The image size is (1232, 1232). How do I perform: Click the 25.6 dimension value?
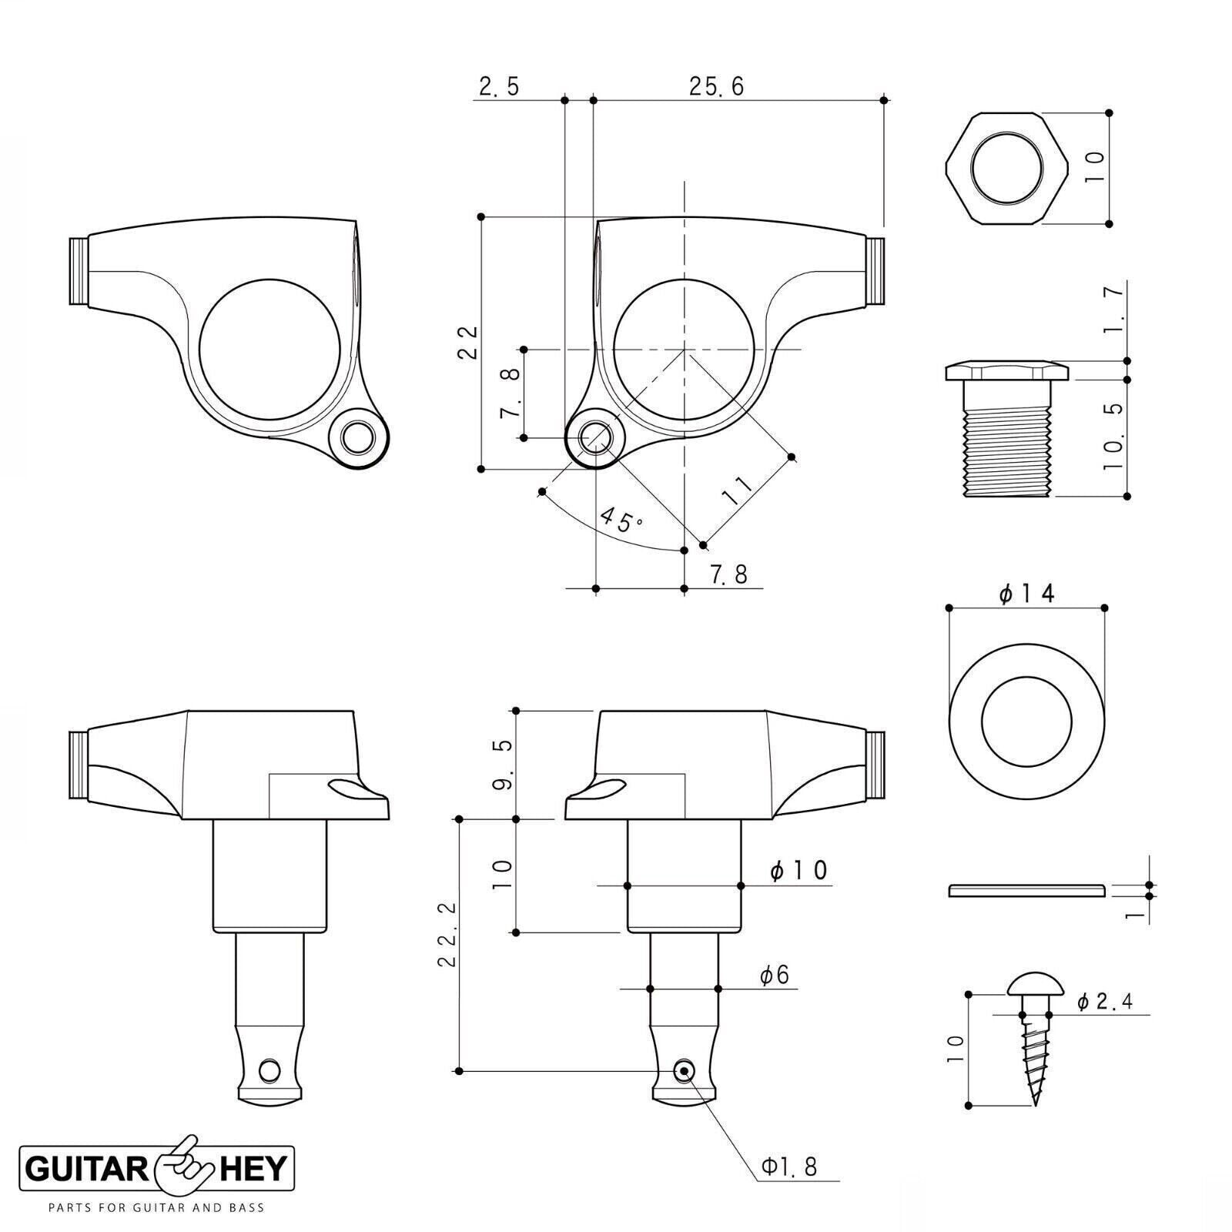point(716,86)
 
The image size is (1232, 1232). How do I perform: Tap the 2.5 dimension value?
point(499,86)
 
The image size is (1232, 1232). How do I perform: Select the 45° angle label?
point(621,520)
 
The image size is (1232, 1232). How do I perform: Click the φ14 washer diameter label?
point(1026,593)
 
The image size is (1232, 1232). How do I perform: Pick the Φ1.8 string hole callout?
point(789,1167)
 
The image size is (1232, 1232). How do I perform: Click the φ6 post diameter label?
point(775,976)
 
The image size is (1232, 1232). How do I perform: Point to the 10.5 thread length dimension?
point(1114,437)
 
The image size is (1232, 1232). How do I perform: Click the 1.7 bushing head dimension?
point(1114,308)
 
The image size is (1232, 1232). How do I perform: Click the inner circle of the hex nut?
point(1007,169)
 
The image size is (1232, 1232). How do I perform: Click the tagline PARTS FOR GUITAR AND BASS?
point(156,1207)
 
